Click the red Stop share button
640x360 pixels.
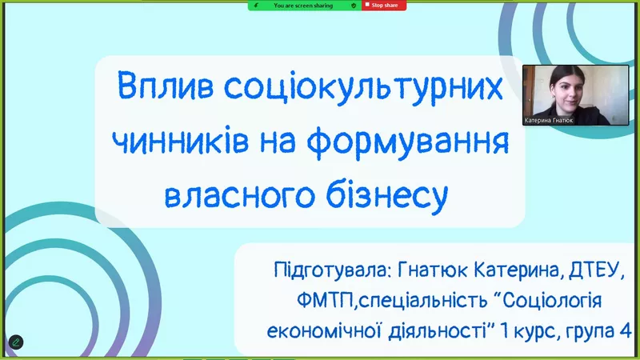pos(384,6)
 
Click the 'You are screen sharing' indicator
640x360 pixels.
pos(304,6)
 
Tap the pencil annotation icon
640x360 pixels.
pos(16,342)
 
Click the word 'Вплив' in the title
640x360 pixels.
pos(166,86)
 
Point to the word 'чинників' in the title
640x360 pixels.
pos(180,141)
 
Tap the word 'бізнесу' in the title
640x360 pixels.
pos(387,196)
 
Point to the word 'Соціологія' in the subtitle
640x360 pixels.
pos(552,301)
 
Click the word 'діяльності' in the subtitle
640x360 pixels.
pos(438,331)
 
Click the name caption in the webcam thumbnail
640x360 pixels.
pos(549,121)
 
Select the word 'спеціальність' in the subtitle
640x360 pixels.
pos(423,302)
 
